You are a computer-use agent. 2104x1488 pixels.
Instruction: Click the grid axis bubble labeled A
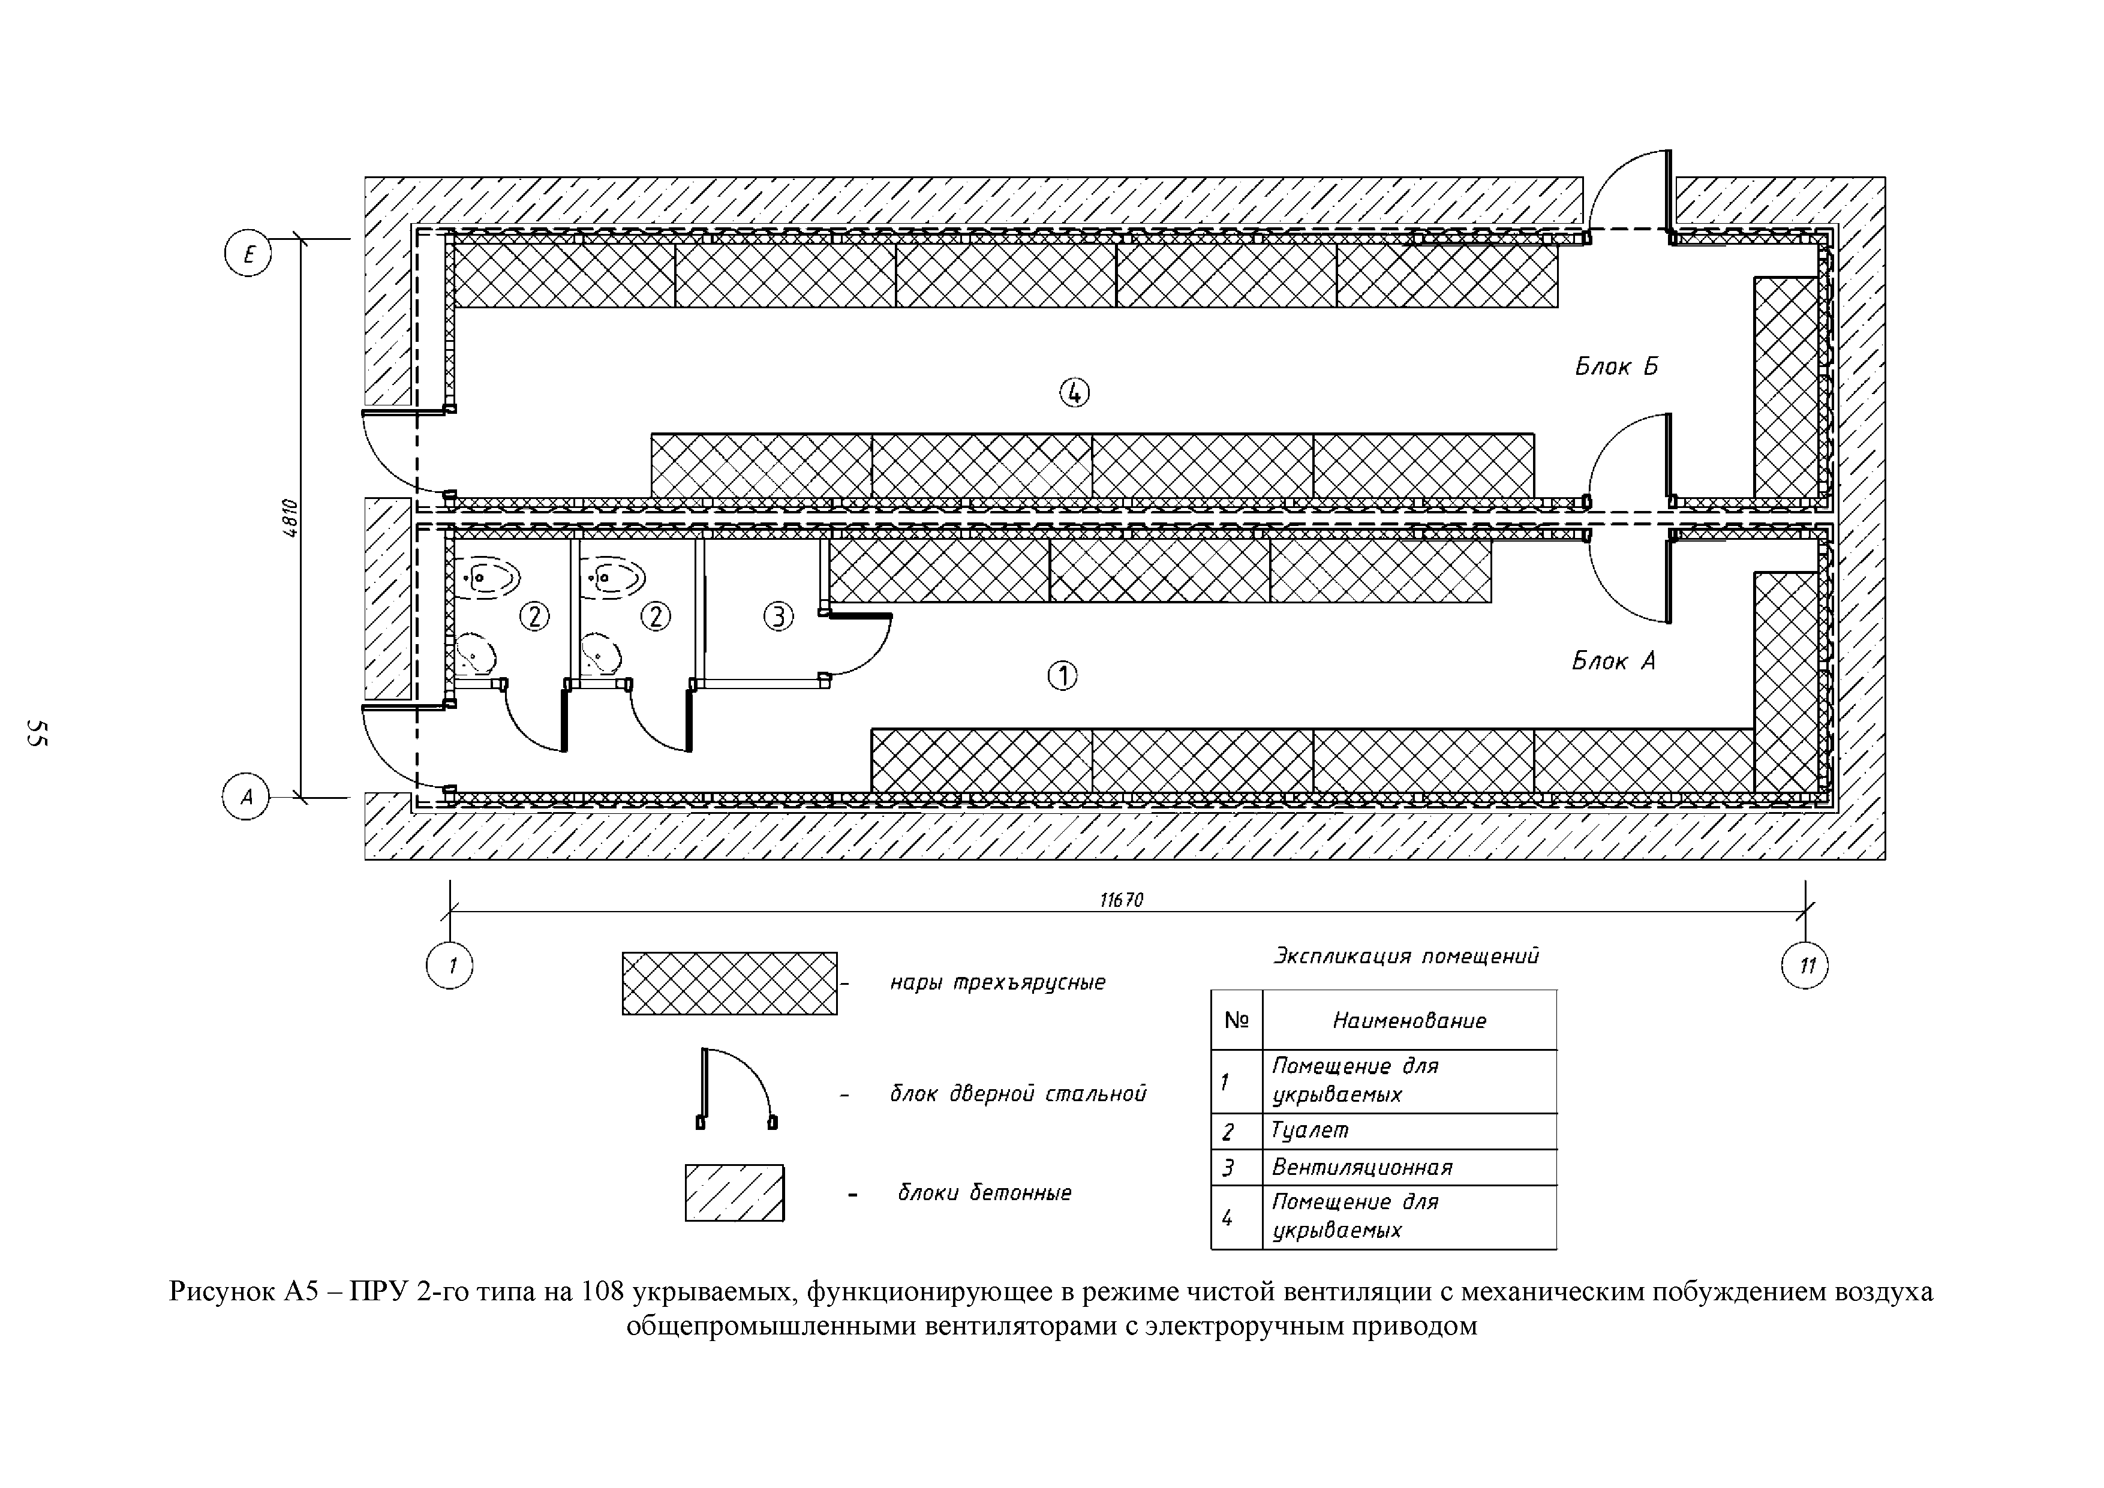245,796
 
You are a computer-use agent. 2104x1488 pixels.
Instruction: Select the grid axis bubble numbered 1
450,966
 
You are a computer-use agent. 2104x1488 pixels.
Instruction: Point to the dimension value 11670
1122,901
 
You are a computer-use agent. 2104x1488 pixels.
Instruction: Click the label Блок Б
1616,366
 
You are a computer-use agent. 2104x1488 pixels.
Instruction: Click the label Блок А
1613,660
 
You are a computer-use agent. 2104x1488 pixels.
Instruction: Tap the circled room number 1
1062,676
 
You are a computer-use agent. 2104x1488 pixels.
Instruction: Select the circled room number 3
778,617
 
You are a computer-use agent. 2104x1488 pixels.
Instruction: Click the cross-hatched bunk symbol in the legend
729,983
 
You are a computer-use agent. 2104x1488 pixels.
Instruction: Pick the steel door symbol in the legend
737,1089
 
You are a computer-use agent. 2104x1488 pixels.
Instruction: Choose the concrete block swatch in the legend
734,1193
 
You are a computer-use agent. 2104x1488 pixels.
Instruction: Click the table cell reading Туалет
1311,1131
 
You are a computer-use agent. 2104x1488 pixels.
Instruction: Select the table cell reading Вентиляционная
1361,1167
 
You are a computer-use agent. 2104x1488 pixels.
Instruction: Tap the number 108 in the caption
603,1292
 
